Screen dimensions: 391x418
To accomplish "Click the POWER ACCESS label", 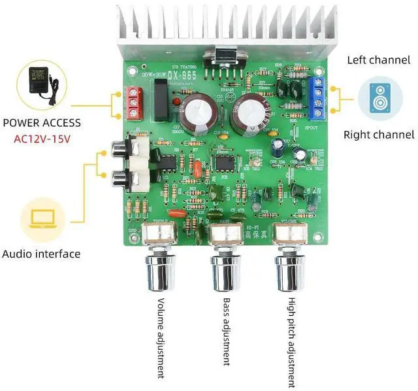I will click(x=42, y=122).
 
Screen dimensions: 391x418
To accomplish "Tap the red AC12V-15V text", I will click(x=42, y=139).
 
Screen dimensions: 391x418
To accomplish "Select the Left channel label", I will click(x=379, y=60).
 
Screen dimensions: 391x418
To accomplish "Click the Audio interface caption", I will click(x=41, y=254).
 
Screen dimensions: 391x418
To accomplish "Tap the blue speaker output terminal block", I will click(x=320, y=95).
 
